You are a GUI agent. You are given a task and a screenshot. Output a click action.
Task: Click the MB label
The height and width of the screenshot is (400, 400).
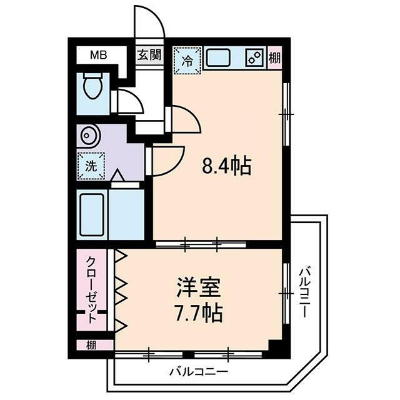point(98,55)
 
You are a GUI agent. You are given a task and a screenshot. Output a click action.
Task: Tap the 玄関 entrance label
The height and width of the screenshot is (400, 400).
point(149,55)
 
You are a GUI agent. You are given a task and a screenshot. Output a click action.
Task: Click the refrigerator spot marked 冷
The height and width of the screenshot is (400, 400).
point(187,61)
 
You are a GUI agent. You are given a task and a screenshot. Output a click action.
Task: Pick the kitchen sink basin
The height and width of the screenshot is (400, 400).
point(220,59)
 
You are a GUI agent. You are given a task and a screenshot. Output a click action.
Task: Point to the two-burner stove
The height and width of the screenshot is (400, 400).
point(254,58)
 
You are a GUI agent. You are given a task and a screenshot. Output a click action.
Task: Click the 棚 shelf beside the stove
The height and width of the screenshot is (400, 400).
point(275,58)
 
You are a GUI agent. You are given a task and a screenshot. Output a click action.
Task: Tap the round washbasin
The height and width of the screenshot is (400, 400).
point(87,135)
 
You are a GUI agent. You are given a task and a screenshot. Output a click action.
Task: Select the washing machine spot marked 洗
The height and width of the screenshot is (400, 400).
point(91,167)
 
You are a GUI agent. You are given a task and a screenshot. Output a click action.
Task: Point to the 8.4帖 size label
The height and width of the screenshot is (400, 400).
point(226,166)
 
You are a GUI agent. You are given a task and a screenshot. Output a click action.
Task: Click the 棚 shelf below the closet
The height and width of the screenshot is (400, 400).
point(91,344)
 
